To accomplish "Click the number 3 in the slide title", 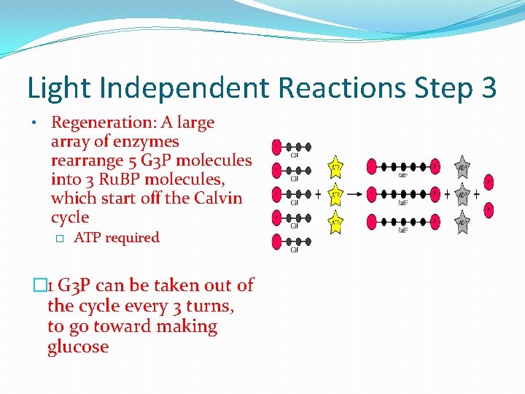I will point(489,88).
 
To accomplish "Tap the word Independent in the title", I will point(185,88).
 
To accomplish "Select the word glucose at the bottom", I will point(78,347).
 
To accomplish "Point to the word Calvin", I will point(219,198).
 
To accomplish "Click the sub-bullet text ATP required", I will point(117,238).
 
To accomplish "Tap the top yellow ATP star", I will point(336,168).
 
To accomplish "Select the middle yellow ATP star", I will point(336,194).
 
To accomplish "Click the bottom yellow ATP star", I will point(336,220).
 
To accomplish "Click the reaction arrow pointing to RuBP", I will point(354,195).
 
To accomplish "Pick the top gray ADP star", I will point(462,167).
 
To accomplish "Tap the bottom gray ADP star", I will point(462,221).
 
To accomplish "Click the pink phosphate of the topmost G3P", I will point(276,147).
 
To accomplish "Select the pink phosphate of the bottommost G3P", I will point(276,242).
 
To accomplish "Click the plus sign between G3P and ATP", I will point(318,195).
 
